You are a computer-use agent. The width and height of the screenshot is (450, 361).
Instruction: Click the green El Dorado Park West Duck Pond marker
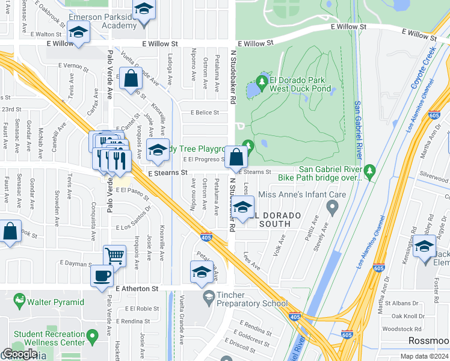(262, 80)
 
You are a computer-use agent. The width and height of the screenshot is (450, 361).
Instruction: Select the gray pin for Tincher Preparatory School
(208, 296)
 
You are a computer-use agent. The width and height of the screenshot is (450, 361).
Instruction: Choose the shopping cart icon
(114, 255)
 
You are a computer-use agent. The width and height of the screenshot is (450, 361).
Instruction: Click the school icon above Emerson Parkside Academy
(143, 10)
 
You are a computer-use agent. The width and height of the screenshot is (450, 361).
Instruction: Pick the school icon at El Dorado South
(242, 208)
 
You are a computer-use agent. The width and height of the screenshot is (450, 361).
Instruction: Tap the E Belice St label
(205, 113)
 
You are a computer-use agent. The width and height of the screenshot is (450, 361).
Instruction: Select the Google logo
(19, 354)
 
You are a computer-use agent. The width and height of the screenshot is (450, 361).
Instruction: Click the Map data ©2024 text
(424, 356)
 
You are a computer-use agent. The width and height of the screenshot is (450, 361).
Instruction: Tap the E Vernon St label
(73, 65)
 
